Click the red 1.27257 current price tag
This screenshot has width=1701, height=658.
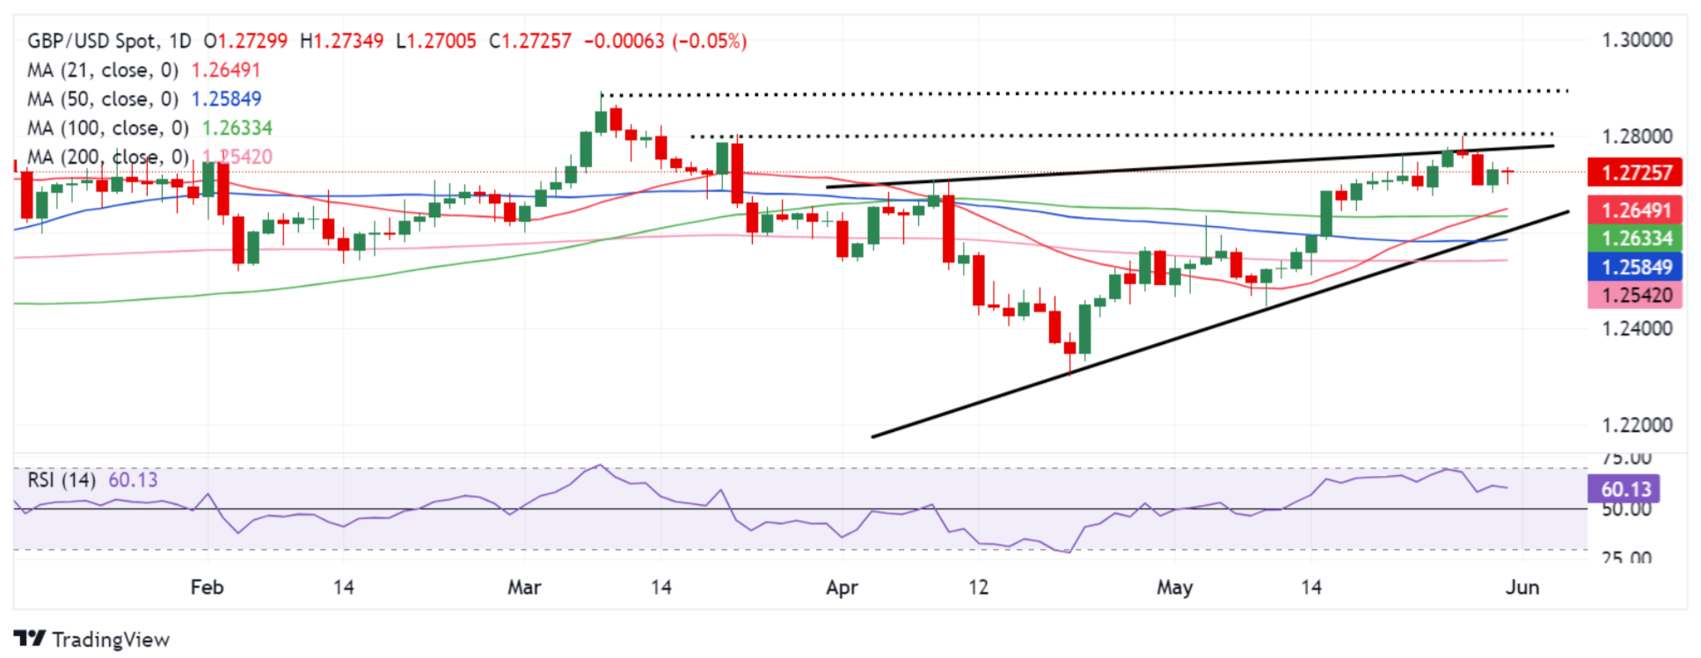pyautogui.click(x=1634, y=172)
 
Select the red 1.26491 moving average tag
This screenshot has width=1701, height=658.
pyautogui.click(x=1634, y=210)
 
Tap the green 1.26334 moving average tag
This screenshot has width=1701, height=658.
pyautogui.click(x=1634, y=238)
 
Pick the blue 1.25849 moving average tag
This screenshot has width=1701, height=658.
pyautogui.click(x=1634, y=267)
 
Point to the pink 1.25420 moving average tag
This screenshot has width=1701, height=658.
pyautogui.click(x=1634, y=296)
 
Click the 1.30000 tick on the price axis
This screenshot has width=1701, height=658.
pyautogui.click(x=1637, y=40)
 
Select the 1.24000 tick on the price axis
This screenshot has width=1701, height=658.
pyautogui.click(x=1637, y=329)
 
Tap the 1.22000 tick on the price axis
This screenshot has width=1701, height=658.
pyautogui.click(x=1637, y=425)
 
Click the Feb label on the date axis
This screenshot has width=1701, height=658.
pyautogui.click(x=207, y=587)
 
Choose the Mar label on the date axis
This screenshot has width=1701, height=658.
pyautogui.click(x=524, y=587)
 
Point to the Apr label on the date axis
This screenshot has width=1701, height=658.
pyautogui.click(x=842, y=587)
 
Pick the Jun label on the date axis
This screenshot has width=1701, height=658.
pyautogui.click(x=1522, y=587)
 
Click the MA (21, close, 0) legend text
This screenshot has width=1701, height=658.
pyautogui.click(x=103, y=70)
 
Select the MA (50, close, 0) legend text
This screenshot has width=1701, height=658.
pyautogui.click(x=103, y=99)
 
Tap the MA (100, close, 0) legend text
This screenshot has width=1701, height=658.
pyautogui.click(x=108, y=128)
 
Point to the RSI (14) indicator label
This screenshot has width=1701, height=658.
pyautogui.click(x=62, y=480)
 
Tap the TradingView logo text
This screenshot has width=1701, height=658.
pyautogui.click(x=92, y=640)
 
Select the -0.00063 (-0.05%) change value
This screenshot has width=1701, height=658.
pyautogui.click(x=665, y=41)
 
